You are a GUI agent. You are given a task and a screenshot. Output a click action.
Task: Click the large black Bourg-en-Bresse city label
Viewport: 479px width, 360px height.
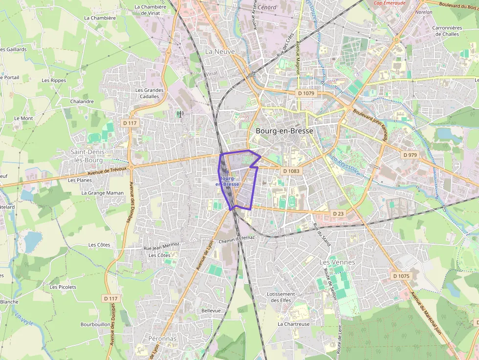284,131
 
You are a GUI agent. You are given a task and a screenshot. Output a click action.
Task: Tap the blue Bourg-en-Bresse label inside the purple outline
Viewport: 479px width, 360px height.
227,181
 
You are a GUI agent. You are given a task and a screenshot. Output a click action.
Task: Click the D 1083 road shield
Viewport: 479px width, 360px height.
291,171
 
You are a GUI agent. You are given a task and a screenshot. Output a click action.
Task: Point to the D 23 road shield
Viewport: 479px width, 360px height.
338,213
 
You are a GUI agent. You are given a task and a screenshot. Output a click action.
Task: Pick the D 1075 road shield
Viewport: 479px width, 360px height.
401,276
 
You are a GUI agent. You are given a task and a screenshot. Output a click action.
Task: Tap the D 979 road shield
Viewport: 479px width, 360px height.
411,155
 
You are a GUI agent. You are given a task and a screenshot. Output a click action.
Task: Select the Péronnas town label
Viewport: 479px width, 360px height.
162,338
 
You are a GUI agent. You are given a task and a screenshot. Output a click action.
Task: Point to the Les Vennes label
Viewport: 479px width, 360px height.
337,262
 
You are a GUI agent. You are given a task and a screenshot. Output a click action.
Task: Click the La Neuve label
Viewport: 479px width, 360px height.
220,51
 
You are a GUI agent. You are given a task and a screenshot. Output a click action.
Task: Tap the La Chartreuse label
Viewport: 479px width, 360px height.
294,324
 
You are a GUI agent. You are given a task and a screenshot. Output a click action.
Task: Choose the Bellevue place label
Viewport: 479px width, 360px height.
211,310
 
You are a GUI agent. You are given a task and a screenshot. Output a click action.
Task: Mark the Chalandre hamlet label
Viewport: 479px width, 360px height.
82,102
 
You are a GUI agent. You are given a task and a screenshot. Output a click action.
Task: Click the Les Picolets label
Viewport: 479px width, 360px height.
63,287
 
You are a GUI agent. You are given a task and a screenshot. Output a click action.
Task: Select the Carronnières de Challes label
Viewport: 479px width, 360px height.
447,31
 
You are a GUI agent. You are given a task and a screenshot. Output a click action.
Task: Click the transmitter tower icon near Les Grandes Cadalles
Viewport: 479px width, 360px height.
180,114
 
